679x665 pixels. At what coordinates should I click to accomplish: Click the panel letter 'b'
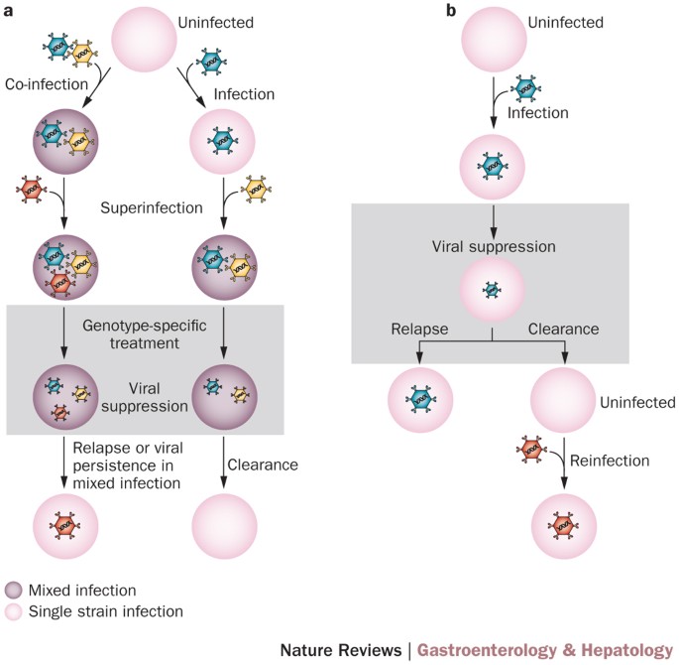tap(369, 12)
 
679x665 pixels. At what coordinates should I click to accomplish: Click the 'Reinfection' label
tap(614, 461)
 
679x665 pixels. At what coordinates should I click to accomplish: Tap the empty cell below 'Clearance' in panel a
tap(223, 524)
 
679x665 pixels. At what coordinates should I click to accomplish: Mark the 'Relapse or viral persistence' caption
tap(126, 470)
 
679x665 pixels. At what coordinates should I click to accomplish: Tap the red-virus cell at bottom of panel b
tap(564, 524)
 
